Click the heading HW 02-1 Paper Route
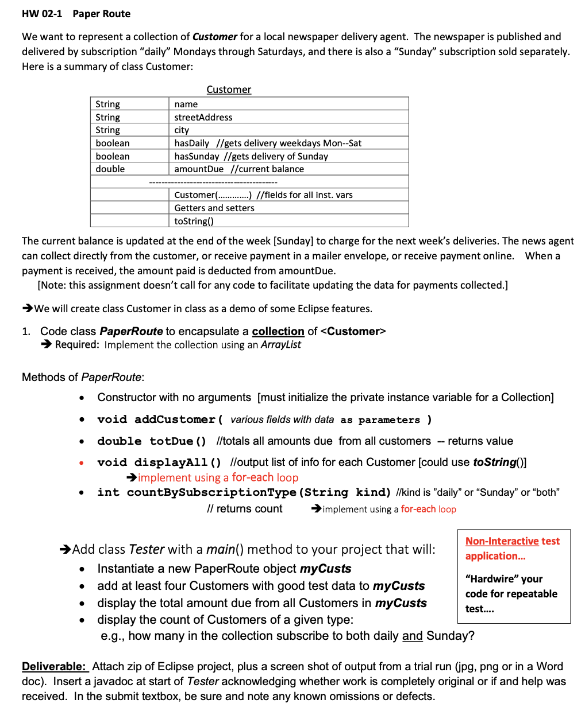coord(76,14)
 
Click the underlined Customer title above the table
coord(229,90)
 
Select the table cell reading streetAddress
coord(203,117)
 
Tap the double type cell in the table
coord(110,169)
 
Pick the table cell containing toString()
coord(194,221)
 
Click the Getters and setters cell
coord(214,208)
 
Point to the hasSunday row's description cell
coord(251,156)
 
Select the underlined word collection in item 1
coord(278,331)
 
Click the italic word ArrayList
coord(281,344)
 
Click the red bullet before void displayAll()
coord(82,463)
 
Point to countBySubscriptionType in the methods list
coord(211,492)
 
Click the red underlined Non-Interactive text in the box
coord(502,541)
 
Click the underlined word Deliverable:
coord(55,666)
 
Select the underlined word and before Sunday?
coord(412,636)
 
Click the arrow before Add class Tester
coord(65,550)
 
